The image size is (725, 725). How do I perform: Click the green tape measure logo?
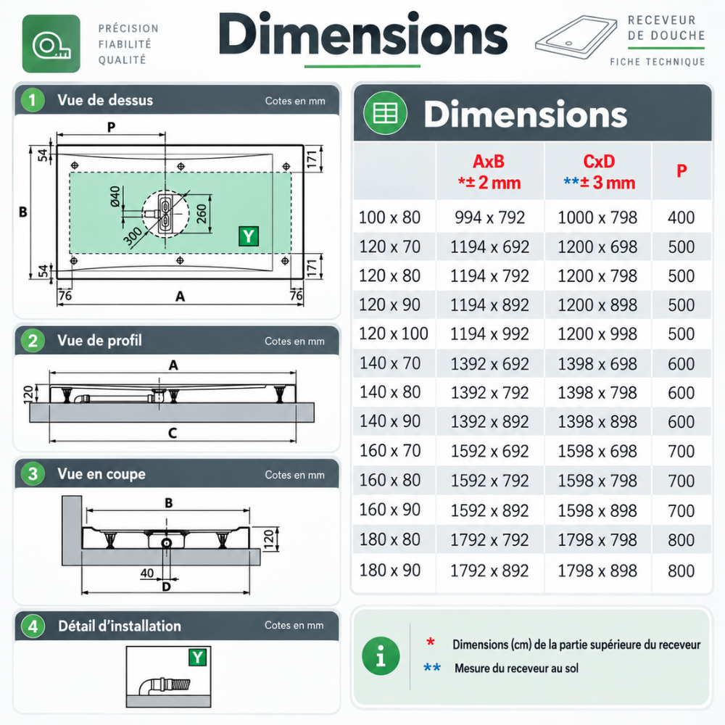point(51,43)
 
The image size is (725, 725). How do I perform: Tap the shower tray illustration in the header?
point(576,37)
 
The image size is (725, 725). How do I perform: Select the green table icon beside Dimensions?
point(385,113)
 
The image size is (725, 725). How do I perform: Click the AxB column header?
point(489,172)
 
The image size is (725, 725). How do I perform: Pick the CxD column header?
point(599,172)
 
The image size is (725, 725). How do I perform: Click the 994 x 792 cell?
point(489,217)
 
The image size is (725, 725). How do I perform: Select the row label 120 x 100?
point(394,333)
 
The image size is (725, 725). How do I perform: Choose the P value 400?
point(681,217)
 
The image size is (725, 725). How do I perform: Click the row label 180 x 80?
point(390,539)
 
